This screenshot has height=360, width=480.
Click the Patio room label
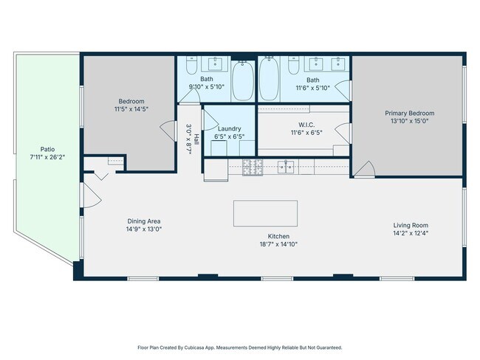[x=47, y=149]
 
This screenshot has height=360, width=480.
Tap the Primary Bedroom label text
[x=410, y=113]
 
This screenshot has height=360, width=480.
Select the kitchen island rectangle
[x=265, y=213]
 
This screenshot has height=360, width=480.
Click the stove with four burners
[x=253, y=167]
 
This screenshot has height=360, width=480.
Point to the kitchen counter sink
[x=286, y=167]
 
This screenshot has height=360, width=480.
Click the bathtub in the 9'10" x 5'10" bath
[x=243, y=80]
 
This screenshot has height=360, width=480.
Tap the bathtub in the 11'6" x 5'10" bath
[x=269, y=79]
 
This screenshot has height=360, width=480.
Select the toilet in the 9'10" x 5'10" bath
[x=192, y=65]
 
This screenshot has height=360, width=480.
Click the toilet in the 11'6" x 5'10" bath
[x=294, y=65]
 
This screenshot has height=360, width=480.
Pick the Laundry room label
[x=229, y=129]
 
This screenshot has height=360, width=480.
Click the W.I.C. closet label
[x=306, y=125]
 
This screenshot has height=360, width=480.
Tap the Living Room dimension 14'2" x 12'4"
[x=411, y=233]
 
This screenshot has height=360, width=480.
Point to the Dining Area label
[x=144, y=221]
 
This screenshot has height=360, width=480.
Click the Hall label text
[x=196, y=139]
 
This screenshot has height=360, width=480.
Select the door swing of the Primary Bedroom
[x=364, y=169]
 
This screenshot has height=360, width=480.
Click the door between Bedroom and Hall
[x=168, y=131]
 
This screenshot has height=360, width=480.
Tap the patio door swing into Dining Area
[x=92, y=195]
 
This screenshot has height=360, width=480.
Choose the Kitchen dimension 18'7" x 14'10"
[x=278, y=244]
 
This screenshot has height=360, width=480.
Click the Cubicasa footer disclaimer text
[x=240, y=347]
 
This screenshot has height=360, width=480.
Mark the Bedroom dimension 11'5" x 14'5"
[x=131, y=109]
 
